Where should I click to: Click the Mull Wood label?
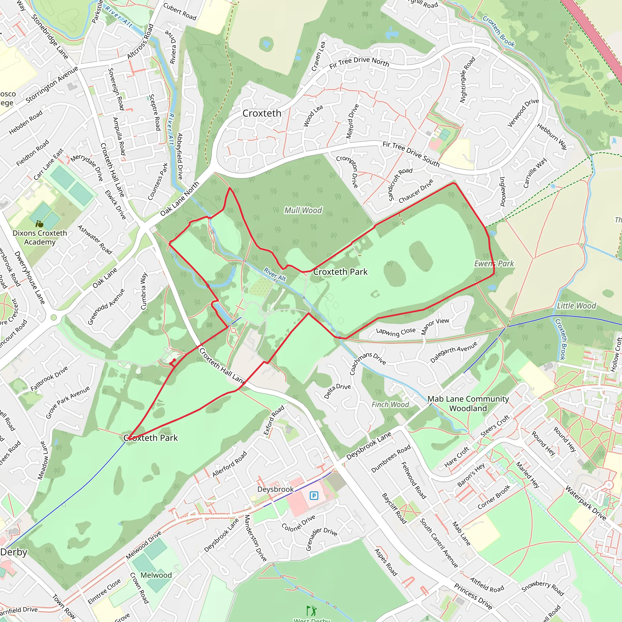coord(303,210)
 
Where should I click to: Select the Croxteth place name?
coord(262,113)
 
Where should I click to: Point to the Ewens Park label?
coord(494,264)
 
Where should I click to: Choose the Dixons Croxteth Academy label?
coord(39,237)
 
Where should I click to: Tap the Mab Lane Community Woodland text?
coord(468,403)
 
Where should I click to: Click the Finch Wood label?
coord(390,404)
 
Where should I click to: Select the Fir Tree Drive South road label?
coord(411,154)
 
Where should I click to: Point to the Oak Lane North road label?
coord(180,199)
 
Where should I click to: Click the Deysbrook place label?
coord(275,489)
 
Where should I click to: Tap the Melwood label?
coord(156,575)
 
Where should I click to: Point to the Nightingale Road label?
coord(467,80)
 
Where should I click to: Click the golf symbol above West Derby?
coord(311,610)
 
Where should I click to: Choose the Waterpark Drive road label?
coord(586,503)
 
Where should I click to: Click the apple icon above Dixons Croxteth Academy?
coord(39,224)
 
